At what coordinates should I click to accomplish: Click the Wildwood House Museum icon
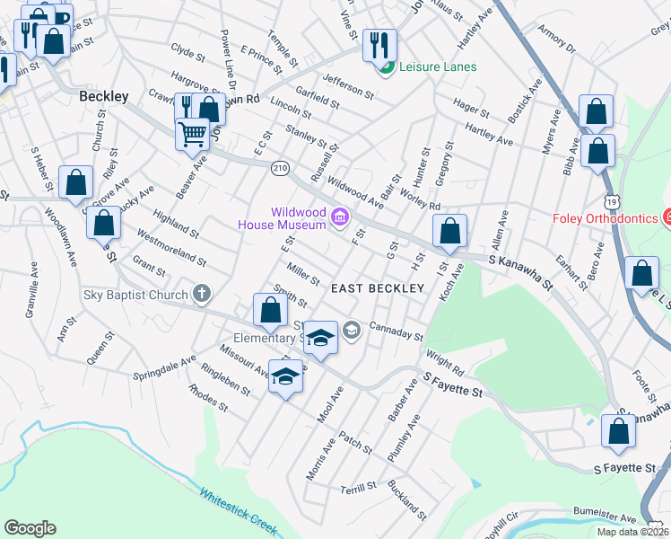tap(339, 216)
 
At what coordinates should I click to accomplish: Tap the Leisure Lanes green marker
tap(387, 67)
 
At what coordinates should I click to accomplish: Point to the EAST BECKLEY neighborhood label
tap(377, 288)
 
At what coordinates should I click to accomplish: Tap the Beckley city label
tap(104, 95)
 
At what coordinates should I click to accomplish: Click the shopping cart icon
tap(192, 136)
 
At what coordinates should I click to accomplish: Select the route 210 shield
tap(281, 168)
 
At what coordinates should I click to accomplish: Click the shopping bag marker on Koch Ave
tap(449, 231)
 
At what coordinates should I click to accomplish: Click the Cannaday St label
tap(396, 331)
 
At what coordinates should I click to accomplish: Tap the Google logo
tap(30, 528)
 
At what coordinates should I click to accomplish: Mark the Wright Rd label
tap(446, 365)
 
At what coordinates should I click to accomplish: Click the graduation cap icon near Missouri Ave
tap(285, 376)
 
